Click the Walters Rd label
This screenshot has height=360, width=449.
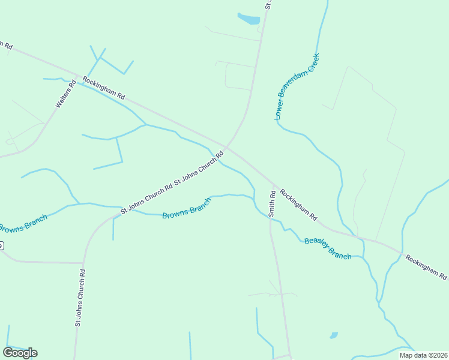point(67,95)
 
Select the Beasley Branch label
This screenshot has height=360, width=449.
point(328,248)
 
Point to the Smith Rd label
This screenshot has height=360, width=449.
point(272,203)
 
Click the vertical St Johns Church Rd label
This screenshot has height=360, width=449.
point(80,298)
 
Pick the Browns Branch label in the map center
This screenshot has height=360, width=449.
point(187,208)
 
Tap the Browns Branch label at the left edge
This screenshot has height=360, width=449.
point(22,224)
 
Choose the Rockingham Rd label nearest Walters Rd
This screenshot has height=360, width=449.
point(103,88)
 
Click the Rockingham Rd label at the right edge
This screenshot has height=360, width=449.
point(426,267)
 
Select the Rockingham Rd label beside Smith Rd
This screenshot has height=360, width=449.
point(298,205)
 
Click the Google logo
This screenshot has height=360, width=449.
point(20,353)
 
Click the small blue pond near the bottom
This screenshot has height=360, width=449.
point(334,335)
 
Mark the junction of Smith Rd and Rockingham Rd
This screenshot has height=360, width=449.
point(274,184)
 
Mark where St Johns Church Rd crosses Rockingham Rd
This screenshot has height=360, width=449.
point(226,146)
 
